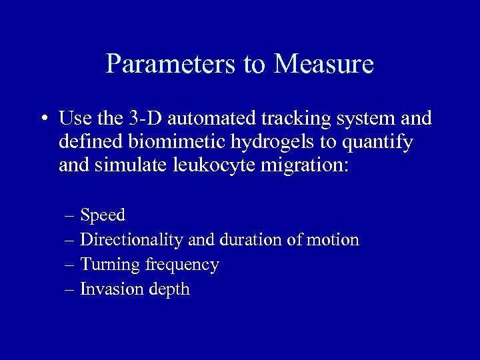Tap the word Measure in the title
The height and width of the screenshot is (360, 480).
tap(323, 65)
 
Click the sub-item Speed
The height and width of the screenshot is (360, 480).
tap(103, 215)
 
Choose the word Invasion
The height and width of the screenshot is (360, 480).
tap(107, 289)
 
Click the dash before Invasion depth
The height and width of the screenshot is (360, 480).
tap(71, 289)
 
